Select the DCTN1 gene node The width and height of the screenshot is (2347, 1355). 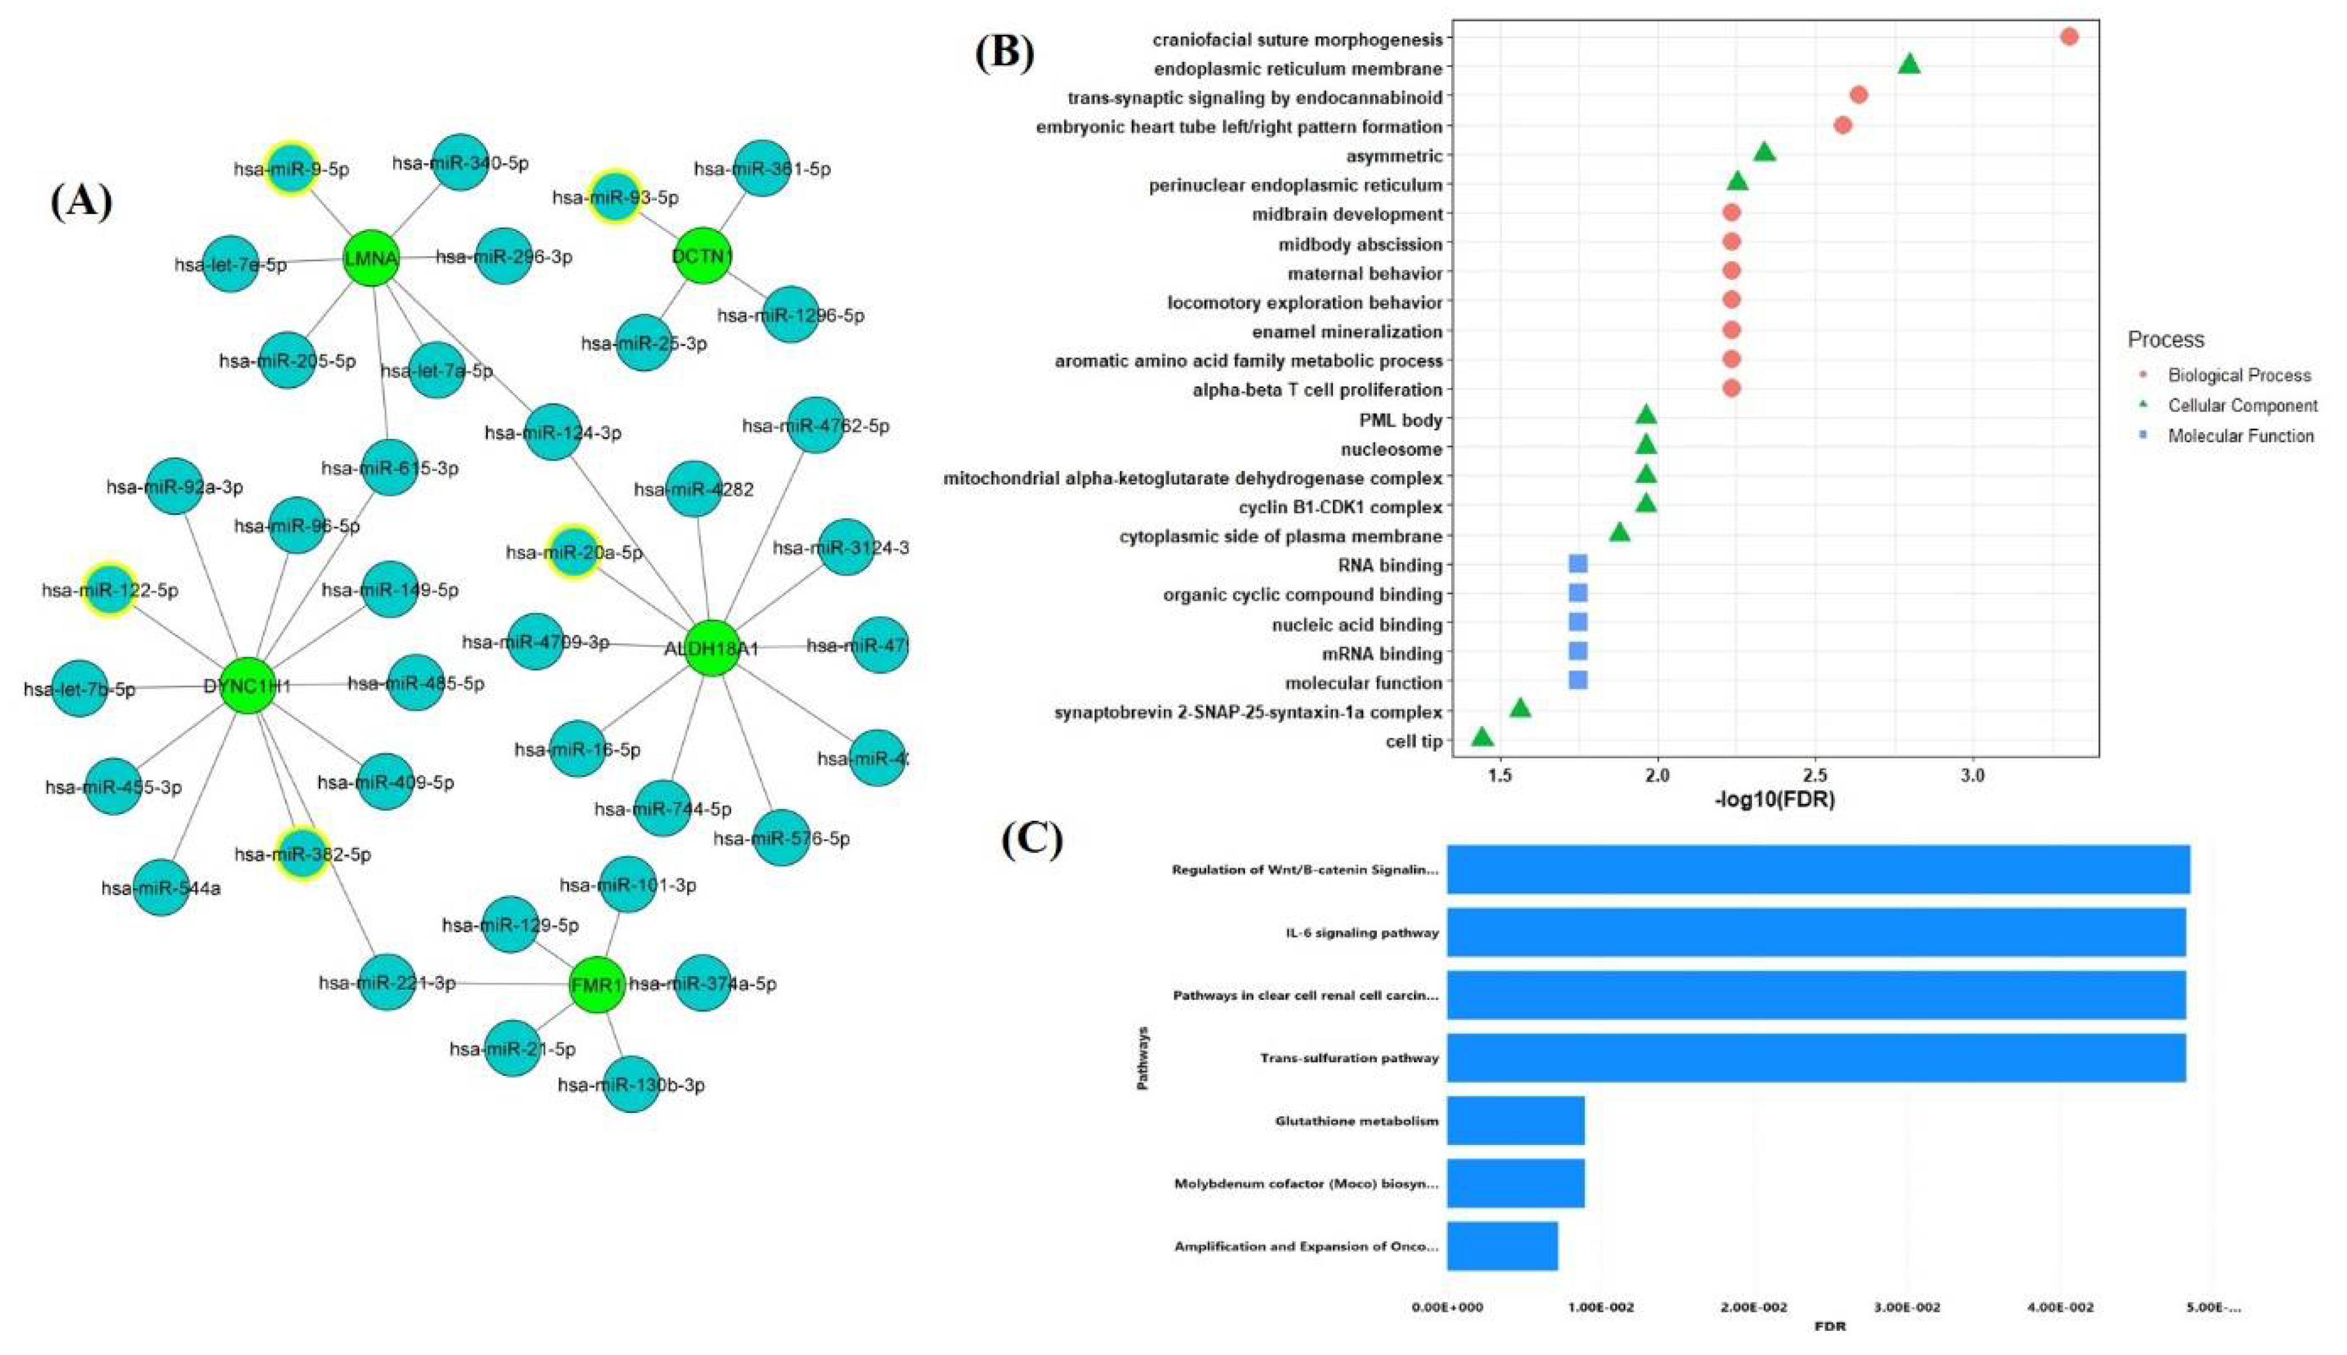coord(703,255)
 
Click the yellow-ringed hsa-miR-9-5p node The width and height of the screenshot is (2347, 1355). coord(291,168)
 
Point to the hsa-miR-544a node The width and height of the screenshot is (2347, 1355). coord(161,888)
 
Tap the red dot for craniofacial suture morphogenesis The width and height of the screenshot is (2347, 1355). coord(2069,37)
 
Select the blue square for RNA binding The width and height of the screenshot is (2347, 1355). coord(1577,563)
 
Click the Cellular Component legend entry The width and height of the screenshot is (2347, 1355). coord(2242,405)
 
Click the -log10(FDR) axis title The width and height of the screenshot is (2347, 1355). coord(1774,799)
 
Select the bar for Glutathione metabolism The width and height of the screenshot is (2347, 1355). coord(1515,1120)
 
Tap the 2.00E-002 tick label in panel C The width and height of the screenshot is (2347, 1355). coord(1754,1307)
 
